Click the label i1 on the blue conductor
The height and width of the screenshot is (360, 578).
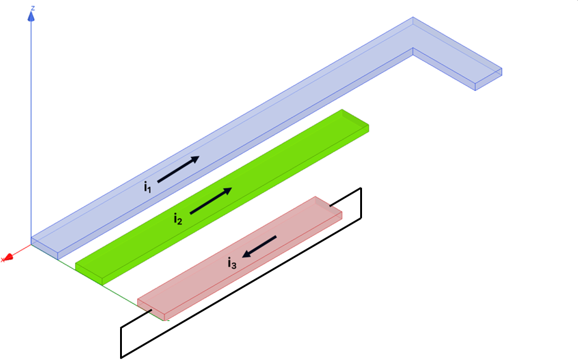pos(147,186)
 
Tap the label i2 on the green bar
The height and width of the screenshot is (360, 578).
pos(178,218)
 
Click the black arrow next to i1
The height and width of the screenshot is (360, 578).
pos(178,169)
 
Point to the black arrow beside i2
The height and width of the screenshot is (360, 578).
pos(210,201)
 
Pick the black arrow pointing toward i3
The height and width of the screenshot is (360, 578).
pos(259,246)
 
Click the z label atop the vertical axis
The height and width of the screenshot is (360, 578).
pos(33,8)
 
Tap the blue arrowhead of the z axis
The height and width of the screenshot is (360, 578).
pos(31,17)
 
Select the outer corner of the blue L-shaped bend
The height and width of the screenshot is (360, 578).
pos(413,20)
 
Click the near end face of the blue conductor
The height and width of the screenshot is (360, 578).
pos(45,247)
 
